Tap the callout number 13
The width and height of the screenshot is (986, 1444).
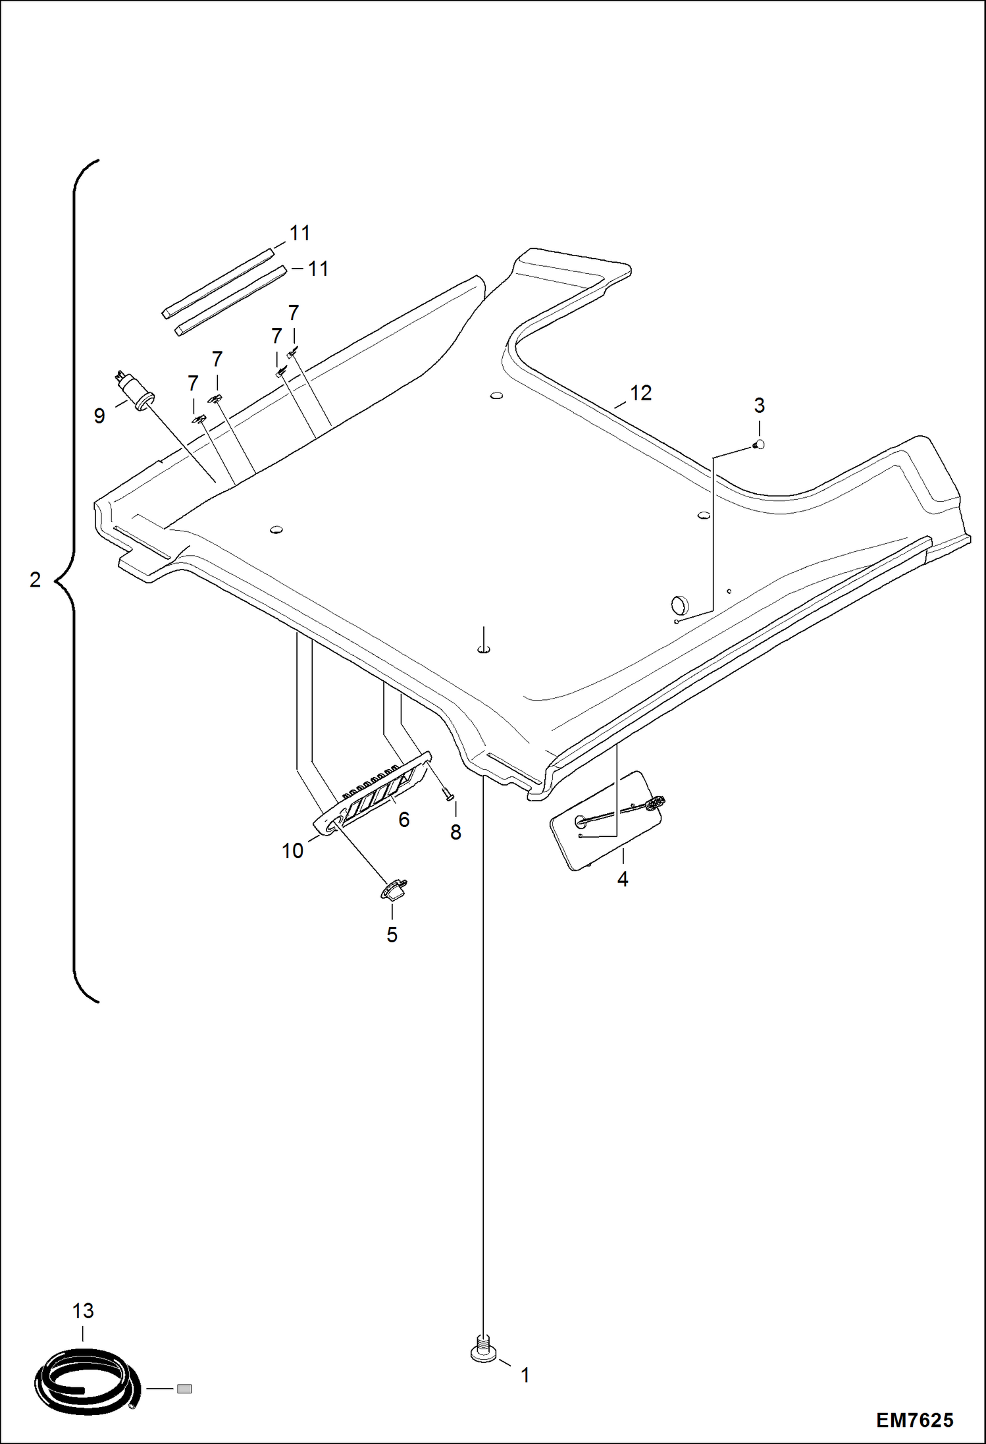pyautogui.click(x=83, y=1311)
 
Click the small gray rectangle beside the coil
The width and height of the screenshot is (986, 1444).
pyautogui.click(x=184, y=1389)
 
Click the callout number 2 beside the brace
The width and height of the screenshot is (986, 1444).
pyautogui.click(x=36, y=579)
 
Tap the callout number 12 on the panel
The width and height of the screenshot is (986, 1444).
pyautogui.click(x=640, y=393)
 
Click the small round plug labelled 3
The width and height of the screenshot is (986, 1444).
pyautogui.click(x=759, y=444)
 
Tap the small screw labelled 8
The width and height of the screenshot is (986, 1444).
pyautogui.click(x=450, y=796)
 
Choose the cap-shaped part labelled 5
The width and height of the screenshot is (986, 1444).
pyautogui.click(x=394, y=889)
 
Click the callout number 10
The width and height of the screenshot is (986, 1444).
pyautogui.click(x=293, y=851)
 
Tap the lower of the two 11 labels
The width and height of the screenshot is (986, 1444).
pyautogui.click(x=319, y=269)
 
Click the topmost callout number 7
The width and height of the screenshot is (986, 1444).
pyautogui.click(x=294, y=313)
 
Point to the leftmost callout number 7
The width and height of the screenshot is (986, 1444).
pyautogui.click(x=193, y=383)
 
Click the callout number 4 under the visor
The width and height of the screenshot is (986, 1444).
pyautogui.click(x=623, y=879)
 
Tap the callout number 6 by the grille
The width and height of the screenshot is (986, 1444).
pyautogui.click(x=404, y=820)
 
